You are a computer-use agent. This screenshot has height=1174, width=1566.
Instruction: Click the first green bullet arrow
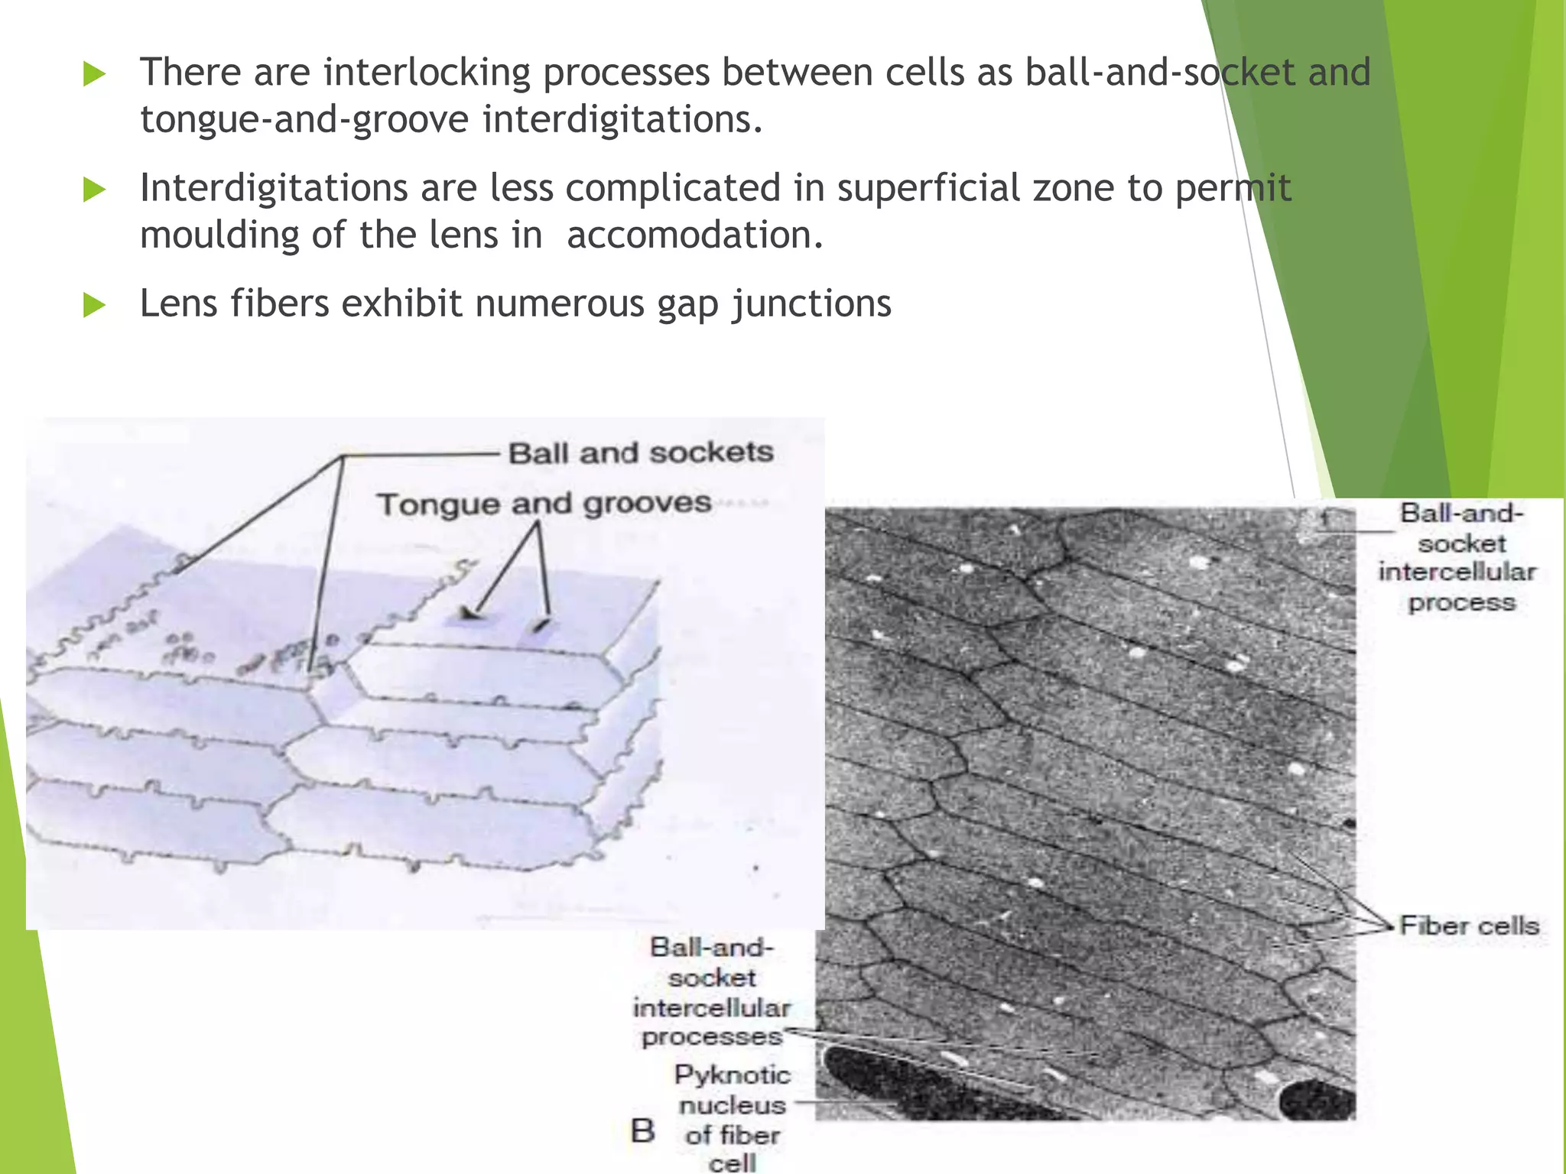[93, 74]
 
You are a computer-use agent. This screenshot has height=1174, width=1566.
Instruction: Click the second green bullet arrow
[93, 190]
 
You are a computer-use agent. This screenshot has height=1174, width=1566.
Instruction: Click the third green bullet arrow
[93, 306]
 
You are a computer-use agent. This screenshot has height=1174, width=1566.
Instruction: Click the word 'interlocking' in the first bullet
[427, 73]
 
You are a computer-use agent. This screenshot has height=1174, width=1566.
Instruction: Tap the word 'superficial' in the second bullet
[928, 189]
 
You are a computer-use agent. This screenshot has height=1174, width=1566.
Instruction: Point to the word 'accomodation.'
[694, 235]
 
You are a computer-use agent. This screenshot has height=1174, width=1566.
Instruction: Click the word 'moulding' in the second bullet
[219, 235]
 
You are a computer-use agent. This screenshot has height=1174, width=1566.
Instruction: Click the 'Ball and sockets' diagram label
[641, 452]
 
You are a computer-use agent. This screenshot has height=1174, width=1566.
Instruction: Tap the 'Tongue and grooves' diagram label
[544, 504]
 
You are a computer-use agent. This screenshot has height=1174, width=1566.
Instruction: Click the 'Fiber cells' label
[1468, 926]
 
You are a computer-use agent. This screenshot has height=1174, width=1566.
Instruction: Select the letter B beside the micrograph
[642, 1130]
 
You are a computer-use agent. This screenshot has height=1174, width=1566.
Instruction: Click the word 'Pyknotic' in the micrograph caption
[732, 1075]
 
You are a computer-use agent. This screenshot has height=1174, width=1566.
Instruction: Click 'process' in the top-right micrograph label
[1461, 603]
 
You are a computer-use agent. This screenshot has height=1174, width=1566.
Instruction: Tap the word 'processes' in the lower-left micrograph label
[712, 1037]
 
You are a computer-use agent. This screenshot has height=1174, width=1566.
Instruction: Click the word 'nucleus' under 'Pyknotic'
[732, 1105]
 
